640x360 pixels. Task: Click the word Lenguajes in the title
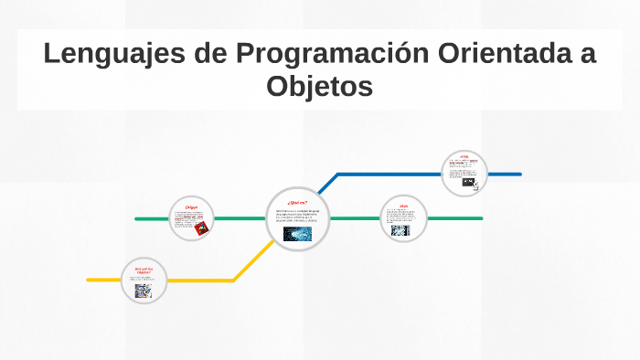(x=113, y=54)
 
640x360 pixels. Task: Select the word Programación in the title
(x=325, y=54)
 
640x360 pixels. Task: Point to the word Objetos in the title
(x=320, y=87)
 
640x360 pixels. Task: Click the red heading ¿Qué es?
(x=297, y=202)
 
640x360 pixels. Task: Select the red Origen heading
(x=192, y=207)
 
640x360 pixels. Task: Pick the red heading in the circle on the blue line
(x=464, y=157)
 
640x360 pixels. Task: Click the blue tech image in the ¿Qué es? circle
(x=297, y=234)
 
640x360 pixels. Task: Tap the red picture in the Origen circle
(x=200, y=229)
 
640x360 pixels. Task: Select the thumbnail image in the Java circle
(x=400, y=231)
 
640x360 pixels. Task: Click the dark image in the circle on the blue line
(x=468, y=182)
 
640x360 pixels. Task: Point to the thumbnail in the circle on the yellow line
(x=143, y=291)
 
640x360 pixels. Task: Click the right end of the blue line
(x=519, y=174)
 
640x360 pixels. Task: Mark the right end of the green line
(x=481, y=218)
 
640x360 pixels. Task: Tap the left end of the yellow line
(x=89, y=280)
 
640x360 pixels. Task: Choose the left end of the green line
(x=136, y=219)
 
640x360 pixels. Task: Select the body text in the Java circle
(x=402, y=217)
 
